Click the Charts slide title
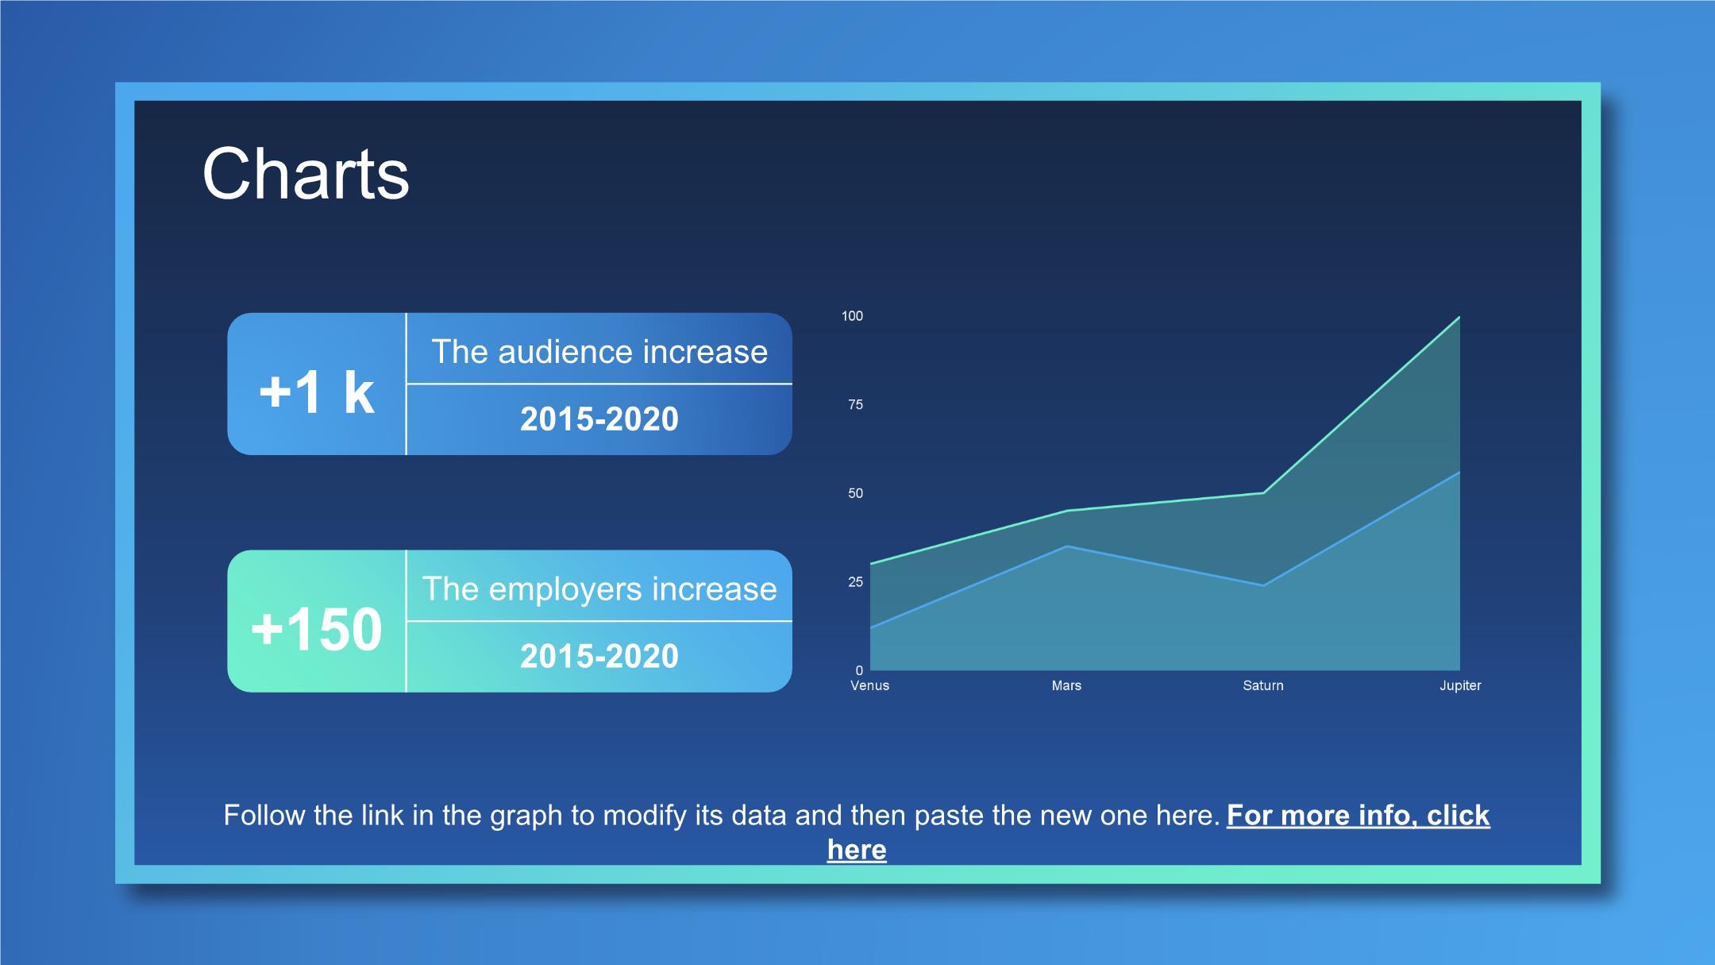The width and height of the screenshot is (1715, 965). coord(306,174)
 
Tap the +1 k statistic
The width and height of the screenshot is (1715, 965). coord(317,392)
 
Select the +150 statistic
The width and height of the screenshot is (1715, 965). coord(317,629)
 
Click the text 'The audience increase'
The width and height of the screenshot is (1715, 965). coord(599,351)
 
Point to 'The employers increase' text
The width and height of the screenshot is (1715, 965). coord(599,589)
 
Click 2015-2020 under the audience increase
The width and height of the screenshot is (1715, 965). coord(599,419)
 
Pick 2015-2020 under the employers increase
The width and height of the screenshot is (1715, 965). coord(599,656)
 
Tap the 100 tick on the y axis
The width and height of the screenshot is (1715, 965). coord(852,316)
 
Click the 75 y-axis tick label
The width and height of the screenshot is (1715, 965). coord(855,404)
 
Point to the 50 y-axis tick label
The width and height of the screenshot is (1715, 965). coord(855,493)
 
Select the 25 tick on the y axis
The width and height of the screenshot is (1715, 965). coord(855,582)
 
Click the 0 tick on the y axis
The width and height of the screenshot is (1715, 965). coord(859,670)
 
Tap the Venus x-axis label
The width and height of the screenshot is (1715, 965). coord(870,685)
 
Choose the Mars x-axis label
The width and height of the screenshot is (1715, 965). coord(1066,685)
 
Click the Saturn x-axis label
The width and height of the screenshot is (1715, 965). coord(1263,685)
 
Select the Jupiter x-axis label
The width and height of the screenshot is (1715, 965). coord(1460,685)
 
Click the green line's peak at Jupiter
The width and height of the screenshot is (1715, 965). coord(1459,318)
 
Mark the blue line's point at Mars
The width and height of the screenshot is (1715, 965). coord(1067,546)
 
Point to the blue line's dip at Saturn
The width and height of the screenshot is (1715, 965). coord(1263,585)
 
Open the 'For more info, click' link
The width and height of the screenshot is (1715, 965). coord(1359,816)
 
